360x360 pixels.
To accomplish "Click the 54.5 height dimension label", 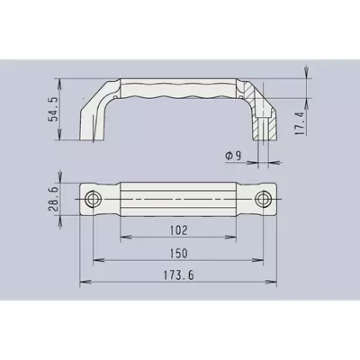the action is click(x=54, y=109).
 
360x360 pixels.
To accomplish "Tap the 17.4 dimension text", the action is click(x=300, y=123).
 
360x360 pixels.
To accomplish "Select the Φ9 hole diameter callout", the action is click(x=233, y=156).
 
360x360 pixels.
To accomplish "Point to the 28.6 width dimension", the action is click(x=53, y=199).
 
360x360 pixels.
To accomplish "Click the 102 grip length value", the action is click(x=178, y=230).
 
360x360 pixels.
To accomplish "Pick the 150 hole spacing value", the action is click(x=178, y=254).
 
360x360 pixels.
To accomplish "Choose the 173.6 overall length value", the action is click(x=178, y=275).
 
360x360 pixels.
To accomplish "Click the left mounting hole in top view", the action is click(x=94, y=199).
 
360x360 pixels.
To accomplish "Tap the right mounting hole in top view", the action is click(x=263, y=199).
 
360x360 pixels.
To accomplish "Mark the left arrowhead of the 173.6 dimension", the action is click(x=85, y=282).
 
